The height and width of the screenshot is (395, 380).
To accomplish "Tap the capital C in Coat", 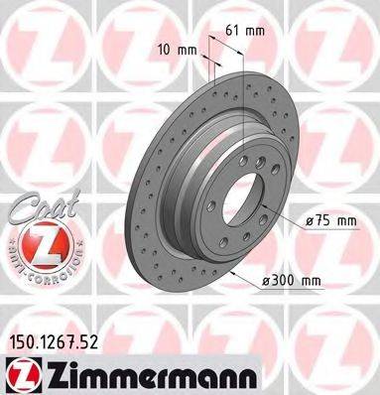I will click(x=14, y=207).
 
